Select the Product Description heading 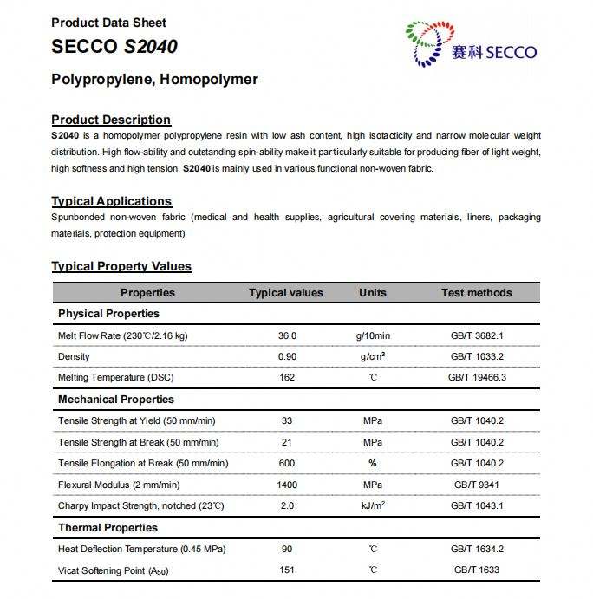(111, 120)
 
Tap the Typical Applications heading (111, 201)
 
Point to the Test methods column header (476, 293)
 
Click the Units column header (373, 293)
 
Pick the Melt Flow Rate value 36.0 (287, 335)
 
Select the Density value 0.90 (287, 356)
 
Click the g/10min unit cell (373, 335)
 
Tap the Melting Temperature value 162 (287, 377)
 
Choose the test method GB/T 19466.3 (477, 377)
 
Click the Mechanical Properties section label (116, 400)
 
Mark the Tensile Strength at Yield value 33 (287, 421)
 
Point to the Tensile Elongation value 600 (287, 463)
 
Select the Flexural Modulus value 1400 (287, 485)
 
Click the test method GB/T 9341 (477, 485)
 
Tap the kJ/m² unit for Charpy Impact (373, 505)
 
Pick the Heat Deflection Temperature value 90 (287, 549)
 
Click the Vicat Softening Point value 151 (287, 570)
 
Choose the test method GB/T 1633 (477, 570)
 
